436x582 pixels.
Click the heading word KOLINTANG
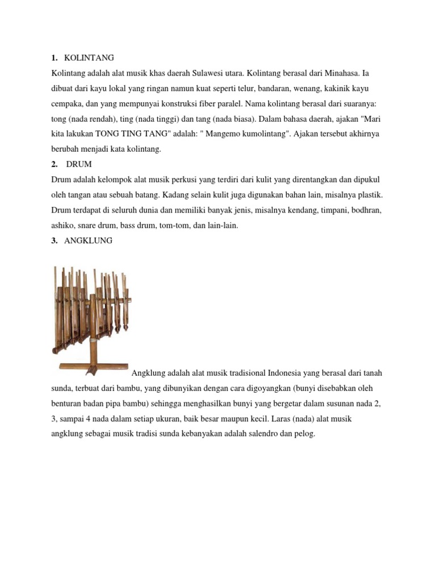click(89, 58)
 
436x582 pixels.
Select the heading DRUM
click(79, 164)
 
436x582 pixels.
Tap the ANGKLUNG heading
click(89, 240)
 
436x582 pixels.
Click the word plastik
click(366, 195)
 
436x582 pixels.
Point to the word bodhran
click(363, 210)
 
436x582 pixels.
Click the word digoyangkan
click(249, 388)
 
